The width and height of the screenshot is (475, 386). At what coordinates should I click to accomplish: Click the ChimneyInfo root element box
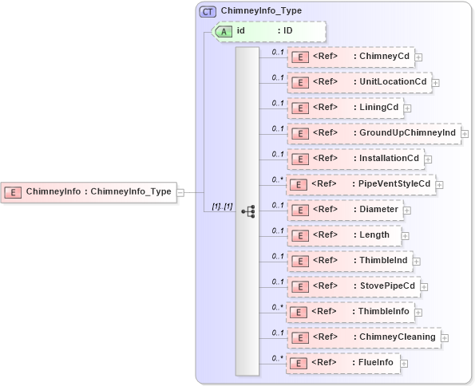click(x=89, y=191)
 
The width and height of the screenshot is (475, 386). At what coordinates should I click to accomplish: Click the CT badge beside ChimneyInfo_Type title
click(x=208, y=12)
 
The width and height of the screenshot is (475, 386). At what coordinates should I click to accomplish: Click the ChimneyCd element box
click(x=350, y=57)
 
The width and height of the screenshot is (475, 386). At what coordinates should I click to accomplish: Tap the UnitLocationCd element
click(x=358, y=82)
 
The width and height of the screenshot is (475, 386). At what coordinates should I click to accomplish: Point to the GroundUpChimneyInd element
click(x=373, y=133)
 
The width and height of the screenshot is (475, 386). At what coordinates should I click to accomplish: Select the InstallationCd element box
click(x=354, y=159)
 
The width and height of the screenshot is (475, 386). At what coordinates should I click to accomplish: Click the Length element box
click(x=343, y=235)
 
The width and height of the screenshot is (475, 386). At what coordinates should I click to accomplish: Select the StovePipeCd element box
click(x=353, y=286)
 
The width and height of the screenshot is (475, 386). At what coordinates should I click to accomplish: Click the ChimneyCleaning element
click(x=363, y=337)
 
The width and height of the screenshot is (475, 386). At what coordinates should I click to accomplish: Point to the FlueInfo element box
click(x=343, y=363)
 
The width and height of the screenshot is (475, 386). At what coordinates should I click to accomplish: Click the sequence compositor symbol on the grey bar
click(x=247, y=211)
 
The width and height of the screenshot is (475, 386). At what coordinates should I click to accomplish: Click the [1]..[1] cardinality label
click(x=222, y=206)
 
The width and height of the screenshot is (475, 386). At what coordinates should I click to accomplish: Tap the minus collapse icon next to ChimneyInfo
click(x=180, y=192)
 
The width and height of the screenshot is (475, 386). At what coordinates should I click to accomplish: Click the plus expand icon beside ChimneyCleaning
click(x=445, y=338)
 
